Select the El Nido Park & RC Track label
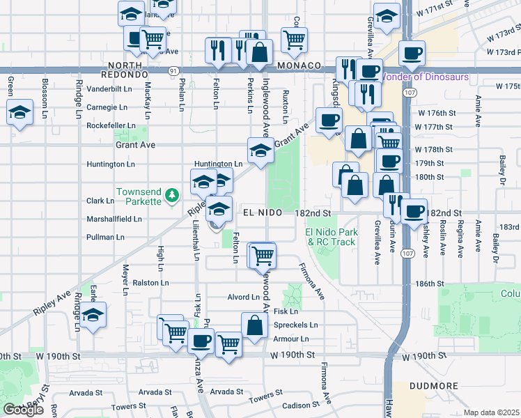click(x=330, y=237)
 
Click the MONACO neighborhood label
click(x=298, y=65)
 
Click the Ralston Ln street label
click(x=151, y=284)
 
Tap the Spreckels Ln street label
click(x=295, y=325)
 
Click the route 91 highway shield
click(x=172, y=70)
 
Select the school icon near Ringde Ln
click(x=93, y=315)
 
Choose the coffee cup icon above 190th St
click(x=202, y=341)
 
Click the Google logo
click(x=23, y=410)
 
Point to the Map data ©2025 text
click(x=490, y=412)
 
